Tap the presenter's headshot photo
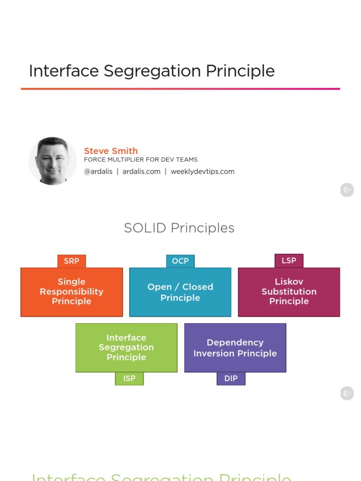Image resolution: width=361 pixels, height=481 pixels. coord(53,161)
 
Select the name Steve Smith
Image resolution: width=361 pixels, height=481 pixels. coord(111,151)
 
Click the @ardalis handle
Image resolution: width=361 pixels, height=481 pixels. coord(98,171)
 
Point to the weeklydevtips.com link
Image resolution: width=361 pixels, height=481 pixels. coord(203,171)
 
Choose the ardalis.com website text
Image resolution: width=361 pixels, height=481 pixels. coord(141,171)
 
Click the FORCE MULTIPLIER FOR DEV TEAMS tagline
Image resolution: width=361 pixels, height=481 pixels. coord(141,160)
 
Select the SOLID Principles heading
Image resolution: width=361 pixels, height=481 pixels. coord(179,228)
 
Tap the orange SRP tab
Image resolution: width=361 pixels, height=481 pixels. coord(71,261)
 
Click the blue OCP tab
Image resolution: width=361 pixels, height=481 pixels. coord(180,261)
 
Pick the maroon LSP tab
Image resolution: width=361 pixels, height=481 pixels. coord(289,261)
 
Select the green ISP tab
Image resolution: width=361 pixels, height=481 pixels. coord(129,379)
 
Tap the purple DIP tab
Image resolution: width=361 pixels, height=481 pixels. coord(231,379)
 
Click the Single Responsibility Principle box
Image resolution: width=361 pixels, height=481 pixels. coord(71,292)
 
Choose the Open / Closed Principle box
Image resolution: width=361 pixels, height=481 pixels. coord(180,292)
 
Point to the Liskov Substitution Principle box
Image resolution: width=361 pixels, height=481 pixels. coord(289,292)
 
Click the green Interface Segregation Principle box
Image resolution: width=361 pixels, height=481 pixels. coord(126,348)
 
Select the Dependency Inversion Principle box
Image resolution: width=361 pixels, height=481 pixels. coord(235,348)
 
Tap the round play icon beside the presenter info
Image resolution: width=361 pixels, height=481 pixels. coord(347,190)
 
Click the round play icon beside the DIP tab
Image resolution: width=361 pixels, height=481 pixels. coord(347,394)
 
